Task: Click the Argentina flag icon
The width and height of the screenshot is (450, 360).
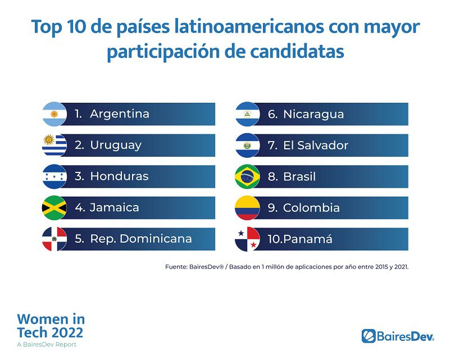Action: click(54, 114)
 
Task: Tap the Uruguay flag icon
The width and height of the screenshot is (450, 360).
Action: click(54, 145)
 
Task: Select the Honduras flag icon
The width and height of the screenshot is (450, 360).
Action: click(54, 176)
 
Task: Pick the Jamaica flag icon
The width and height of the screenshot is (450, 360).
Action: click(54, 208)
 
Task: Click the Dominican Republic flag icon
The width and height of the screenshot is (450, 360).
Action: click(54, 239)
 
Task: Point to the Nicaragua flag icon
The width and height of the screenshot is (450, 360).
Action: click(247, 114)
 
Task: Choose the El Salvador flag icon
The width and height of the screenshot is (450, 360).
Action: click(247, 145)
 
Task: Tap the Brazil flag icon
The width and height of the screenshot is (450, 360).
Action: click(247, 176)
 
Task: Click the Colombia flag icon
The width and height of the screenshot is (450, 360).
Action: click(247, 208)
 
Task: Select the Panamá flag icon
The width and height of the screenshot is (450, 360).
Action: click(247, 239)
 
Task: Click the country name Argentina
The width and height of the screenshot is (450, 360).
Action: click(120, 114)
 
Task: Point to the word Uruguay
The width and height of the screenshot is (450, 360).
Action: click(116, 145)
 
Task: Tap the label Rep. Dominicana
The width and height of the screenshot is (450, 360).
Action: click(141, 239)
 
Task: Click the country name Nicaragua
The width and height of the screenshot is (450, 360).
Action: click(313, 114)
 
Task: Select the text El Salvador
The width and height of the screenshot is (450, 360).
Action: click(316, 145)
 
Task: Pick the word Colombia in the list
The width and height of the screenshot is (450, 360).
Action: click(311, 208)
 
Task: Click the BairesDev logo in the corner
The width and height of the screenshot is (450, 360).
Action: click(398, 336)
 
